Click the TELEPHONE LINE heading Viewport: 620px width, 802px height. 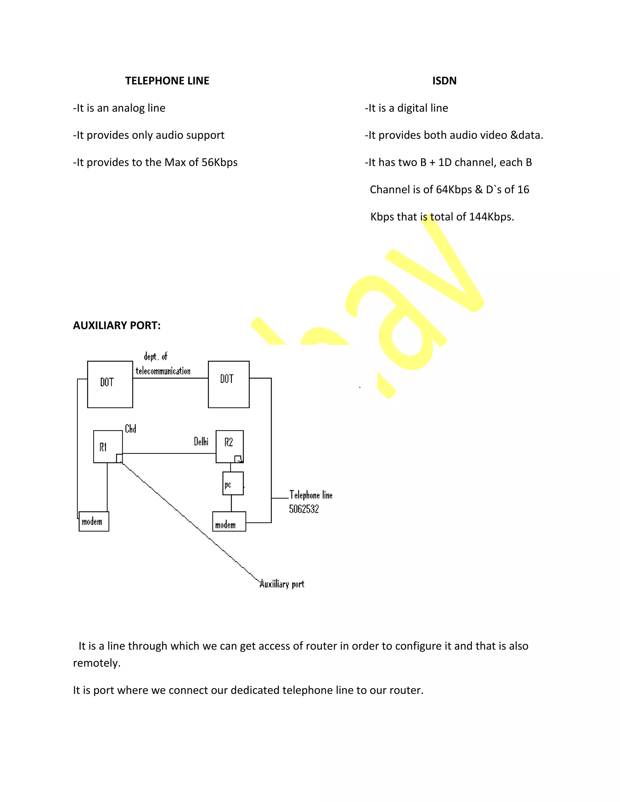click(167, 81)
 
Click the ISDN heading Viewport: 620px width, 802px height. click(444, 81)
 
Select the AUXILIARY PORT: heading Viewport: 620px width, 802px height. click(117, 325)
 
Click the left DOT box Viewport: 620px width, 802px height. click(110, 384)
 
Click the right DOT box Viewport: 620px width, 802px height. click(229, 384)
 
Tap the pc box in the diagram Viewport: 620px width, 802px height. click(232, 483)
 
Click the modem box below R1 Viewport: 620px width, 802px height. click(94, 521)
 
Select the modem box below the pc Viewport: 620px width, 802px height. click(229, 522)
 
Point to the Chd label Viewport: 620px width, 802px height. click(130, 429)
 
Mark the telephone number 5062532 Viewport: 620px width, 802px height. click(304, 509)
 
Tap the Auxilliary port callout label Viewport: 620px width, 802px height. click(282, 584)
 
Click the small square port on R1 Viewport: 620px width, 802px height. click(119, 458)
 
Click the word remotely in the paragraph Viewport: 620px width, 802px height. click(96, 663)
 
